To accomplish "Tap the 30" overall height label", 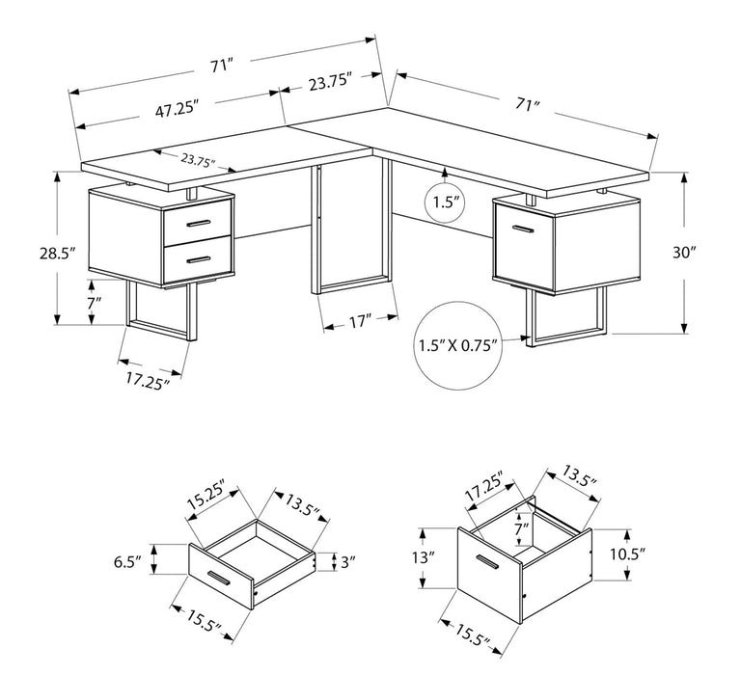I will [685, 254].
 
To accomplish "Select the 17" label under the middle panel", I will [360, 322].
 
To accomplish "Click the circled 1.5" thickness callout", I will [444, 203].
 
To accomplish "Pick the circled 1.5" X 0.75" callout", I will [457, 344].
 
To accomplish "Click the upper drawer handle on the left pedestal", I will [199, 224].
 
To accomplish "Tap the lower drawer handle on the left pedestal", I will [199, 257].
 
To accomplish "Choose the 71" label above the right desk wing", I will [526, 105].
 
